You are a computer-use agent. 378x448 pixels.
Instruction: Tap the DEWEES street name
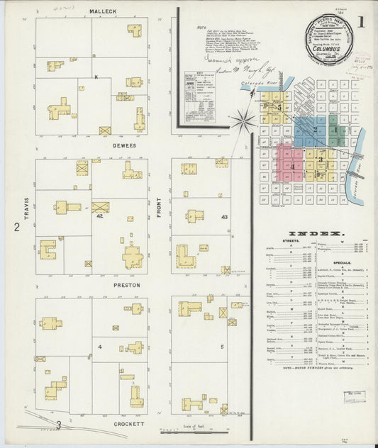point(104,146)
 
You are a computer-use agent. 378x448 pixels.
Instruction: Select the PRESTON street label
point(128,285)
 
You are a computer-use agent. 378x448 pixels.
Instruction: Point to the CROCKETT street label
point(128,424)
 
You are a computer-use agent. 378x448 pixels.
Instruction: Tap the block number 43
point(224,216)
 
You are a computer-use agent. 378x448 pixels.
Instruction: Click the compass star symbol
point(243,121)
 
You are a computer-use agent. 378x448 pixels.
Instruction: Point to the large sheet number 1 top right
point(362,22)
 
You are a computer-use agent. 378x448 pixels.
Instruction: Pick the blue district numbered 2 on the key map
point(312,132)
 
